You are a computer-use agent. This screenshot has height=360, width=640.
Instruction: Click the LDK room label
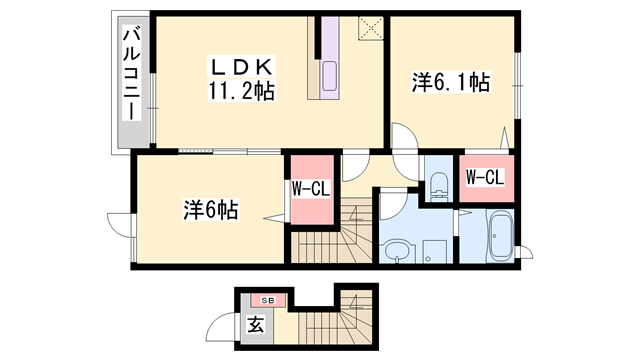coord(238,67)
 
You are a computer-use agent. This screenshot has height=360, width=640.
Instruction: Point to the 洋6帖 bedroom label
coord(210,210)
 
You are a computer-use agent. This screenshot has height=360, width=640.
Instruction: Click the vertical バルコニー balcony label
coord(130,75)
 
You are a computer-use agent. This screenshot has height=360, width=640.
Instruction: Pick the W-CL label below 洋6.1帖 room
coord(485,178)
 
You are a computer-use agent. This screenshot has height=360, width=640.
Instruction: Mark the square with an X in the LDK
coord(371,28)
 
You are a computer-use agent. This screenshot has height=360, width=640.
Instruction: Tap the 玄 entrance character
coord(255,324)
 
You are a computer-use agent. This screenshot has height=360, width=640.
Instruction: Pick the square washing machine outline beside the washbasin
coord(433,250)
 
